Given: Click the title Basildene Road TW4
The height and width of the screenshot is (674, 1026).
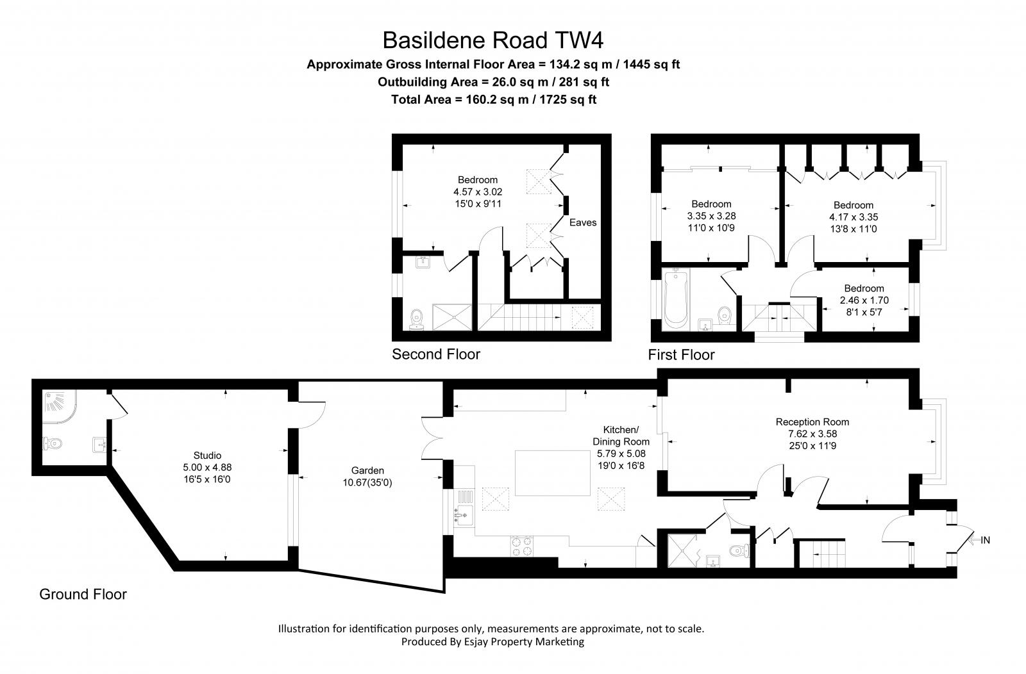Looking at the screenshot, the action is pyautogui.click(x=493, y=40).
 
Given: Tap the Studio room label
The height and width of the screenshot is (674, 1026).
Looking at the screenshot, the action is pyautogui.click(x=207, y=456).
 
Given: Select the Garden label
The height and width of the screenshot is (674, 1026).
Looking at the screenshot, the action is pyautogui.click(x=367, y=470).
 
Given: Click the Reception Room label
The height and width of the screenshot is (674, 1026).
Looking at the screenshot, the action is pyautogui.click(x=812, y=422).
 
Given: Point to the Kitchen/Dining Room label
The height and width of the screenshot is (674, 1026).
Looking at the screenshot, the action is pyautogui.click(x=621, y=436).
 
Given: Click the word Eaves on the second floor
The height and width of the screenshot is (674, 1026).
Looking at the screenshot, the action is pyautogui.click(x=583, y=222).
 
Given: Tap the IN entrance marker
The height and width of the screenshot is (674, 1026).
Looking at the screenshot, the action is pyautogui.click(x=985, y=540).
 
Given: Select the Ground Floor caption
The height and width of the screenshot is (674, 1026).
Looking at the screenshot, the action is pyautogui.click(x=83, y=594).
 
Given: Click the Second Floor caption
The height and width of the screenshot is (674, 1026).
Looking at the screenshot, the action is pyautogui.click(x=436, y=354).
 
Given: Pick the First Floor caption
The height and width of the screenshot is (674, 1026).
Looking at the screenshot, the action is pyautogui.click(x=681, y=354).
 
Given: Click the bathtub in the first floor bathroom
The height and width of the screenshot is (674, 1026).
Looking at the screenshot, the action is pyautogui.click(x=676, y=299).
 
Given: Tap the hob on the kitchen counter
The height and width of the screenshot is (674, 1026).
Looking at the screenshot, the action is pyautogui.click(x=522, y=547).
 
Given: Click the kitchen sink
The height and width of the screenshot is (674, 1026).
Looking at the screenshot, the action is pyautogui.click(x=464, y=516).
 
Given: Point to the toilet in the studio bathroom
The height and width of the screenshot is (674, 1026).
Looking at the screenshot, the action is pyautogui.click(x=52, y=443).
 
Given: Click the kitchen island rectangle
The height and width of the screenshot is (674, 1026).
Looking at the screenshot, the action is pyautogui.click(x=552, y=473).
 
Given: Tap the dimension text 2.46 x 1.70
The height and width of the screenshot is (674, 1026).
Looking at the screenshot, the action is pyautogui.click(x=864, y=300).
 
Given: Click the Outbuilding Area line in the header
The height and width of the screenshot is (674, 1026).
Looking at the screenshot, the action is pyautogui.click(x=493, y=82).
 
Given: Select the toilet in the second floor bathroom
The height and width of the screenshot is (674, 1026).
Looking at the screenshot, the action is pyautogui.click(x=417, y=319).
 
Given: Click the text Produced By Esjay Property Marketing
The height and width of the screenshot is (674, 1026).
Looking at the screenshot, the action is pyautogui.click(x=492, y=641).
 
